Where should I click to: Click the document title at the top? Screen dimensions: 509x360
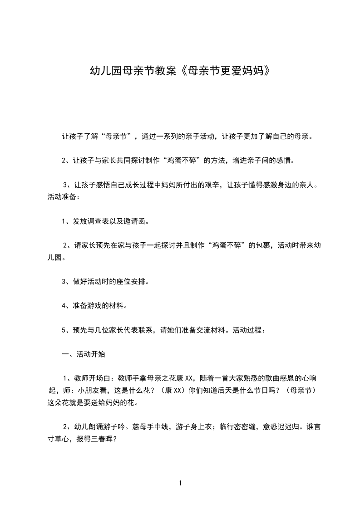click(180, 72)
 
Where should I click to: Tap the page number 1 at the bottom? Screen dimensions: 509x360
click(181, 483)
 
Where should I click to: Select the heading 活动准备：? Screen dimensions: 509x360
click(64, 197)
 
